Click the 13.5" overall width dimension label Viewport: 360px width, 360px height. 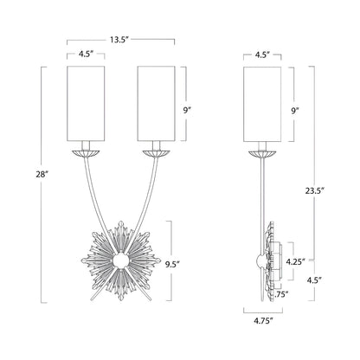121,38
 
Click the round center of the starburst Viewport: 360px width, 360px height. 121,259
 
